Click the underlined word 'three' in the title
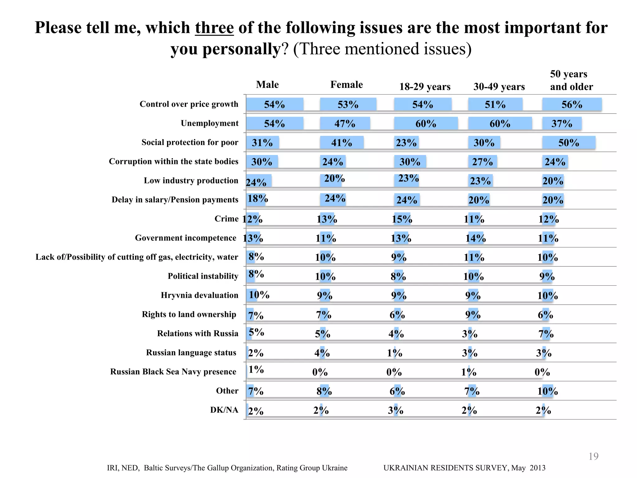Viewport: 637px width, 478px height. pyautogui.click(x=214, y=28)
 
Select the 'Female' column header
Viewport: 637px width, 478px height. pyautogui.click(x=346, y=85)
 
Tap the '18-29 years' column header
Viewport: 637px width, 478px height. pyautogui.click(x=425, y=87)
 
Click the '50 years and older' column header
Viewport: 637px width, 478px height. pyautogui.click(x=571, y=80)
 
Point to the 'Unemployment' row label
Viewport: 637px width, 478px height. pyautogui.click(x=210, y=123)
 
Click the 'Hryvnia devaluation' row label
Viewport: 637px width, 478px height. pyautogui.click(x=199, y=295)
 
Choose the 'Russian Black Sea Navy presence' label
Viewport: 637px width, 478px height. pyautogui.click(x=173, y=372)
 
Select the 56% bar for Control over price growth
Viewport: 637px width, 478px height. pyautogui.click(x=572, y=105)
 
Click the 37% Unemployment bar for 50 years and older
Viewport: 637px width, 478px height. pyautogui.click(x=562, y=124)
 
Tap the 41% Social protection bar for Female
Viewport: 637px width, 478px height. pyautogui.click(x=342, y=143)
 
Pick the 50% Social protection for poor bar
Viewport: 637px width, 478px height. pyautogui.click(x=569, y=143)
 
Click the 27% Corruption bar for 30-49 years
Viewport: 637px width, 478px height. pyautogui.click(x=482, y=162)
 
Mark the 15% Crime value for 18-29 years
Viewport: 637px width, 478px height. pyautogui.click(x=402, y=219)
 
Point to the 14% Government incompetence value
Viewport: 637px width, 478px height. pyautogui.click(x=476, y=238)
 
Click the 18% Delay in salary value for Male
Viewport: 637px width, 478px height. pyautogui.click(x=258, y=198)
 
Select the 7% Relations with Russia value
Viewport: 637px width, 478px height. pyautogui.click(x=546, y=334)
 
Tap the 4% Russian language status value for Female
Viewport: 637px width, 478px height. pyautogui.click(x=322, y=353)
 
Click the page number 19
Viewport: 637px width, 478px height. pyautogui.click(x=593, y=456)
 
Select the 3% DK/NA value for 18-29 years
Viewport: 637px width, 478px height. pyautogui.click(x=395, y=410)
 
